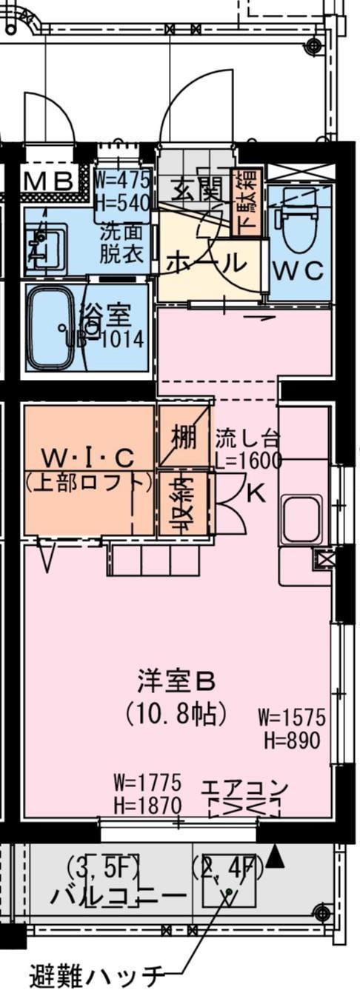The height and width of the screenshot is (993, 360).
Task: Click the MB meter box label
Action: coord(50,181)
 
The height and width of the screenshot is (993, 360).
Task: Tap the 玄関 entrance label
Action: coord(197,190)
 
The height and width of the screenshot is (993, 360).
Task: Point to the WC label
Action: coord(299,271)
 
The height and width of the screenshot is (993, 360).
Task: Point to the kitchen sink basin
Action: coord(301,521)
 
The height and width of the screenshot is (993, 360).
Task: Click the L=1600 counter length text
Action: coord(249,460)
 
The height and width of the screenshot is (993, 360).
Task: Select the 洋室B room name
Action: coord(176,680)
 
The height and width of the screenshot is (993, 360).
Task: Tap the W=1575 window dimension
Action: coord(292,717)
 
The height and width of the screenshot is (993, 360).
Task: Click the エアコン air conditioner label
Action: coord(244,788)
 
